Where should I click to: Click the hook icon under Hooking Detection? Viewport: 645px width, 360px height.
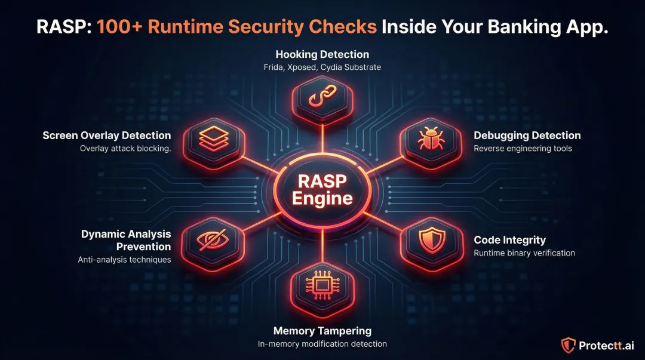[322, 100]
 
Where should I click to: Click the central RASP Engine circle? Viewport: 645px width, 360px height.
[322, 190]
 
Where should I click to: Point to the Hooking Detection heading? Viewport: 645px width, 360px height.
[322, 54]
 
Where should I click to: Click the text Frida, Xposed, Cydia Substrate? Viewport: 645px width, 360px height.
[322, 67]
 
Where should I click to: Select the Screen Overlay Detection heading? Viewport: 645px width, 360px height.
[107, 136]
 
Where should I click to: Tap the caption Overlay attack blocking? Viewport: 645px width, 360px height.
[125, 149]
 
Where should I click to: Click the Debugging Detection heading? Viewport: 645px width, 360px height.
[527, 136]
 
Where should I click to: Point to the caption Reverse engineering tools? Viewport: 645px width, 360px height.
[523, 148]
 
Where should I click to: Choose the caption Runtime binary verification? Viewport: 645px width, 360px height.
[524, 253]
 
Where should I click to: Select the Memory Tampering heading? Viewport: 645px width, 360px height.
[322, 331]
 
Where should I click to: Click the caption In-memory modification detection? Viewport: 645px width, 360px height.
[322, 344]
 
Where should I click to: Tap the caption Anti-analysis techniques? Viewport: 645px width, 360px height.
[124, 260]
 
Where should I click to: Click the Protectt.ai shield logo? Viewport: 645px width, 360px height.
[568, 345]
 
